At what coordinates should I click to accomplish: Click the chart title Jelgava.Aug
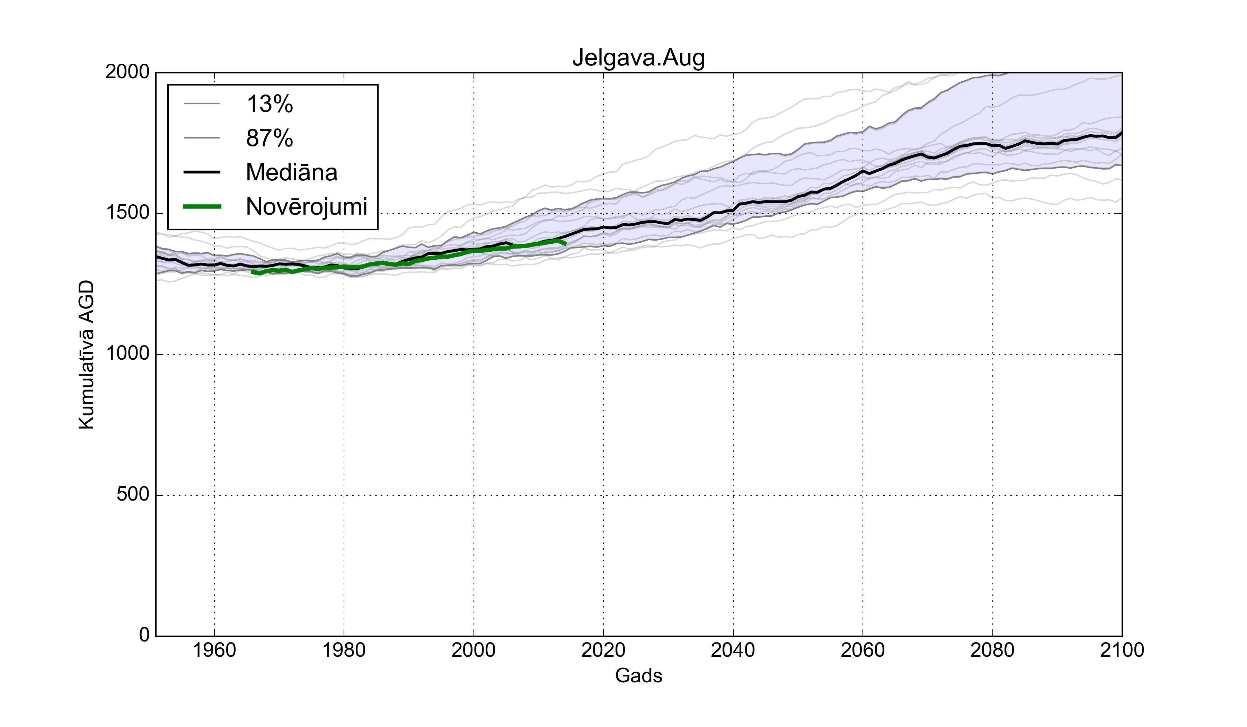[638, 58]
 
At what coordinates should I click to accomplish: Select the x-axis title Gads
[638, 675]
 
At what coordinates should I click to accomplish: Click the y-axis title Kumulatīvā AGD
[87, 354]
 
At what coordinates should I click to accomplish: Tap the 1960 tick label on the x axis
[214, 650]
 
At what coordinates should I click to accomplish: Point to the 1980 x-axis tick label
[344, 650]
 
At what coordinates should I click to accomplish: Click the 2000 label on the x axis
[474, 650]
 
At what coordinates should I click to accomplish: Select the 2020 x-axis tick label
[603, 650]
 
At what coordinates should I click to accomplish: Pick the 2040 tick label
[733, 650]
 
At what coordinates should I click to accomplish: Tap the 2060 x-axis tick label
[863, 650]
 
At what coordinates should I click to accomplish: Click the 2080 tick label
[992, 650]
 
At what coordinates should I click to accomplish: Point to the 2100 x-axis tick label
[1122, 650]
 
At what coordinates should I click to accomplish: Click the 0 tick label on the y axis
[144, 635]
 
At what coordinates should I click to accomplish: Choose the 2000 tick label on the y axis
[128, 72]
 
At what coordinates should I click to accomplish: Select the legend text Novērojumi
[306, 207]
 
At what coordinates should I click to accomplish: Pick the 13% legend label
[270, 104]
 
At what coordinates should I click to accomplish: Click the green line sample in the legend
[202, 207]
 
